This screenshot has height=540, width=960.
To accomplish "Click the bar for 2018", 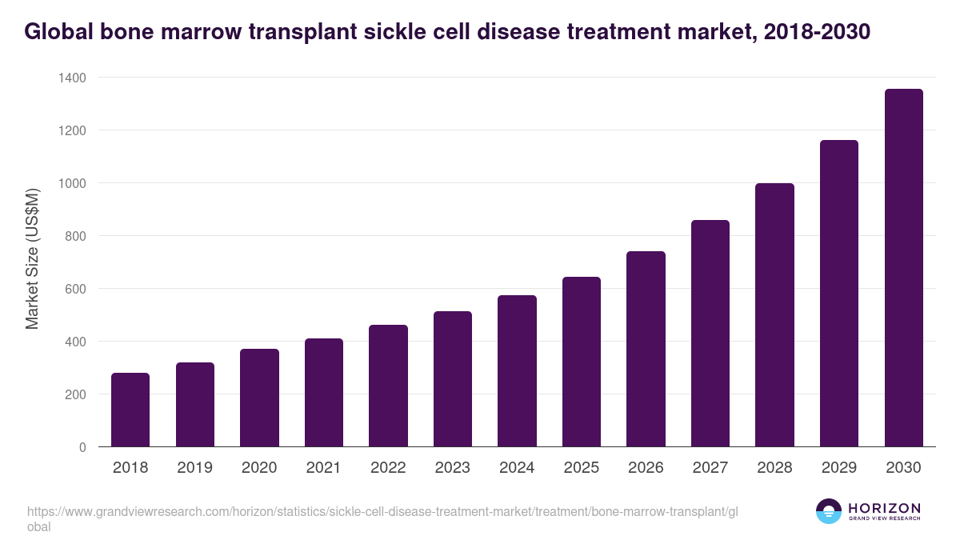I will (130, 410).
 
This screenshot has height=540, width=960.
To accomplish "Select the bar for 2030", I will (903, 268).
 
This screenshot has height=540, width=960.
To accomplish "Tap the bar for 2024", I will (517, 371).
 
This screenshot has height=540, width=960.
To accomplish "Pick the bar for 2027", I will (710, 334).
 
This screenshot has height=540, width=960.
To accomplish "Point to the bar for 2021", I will (324, 393).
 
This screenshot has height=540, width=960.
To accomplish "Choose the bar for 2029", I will (839, 294).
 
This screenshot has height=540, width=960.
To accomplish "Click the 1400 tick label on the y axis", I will (72, 78).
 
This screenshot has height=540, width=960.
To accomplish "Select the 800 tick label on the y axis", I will (75, 236).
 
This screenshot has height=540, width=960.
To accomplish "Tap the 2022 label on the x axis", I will (388, 468).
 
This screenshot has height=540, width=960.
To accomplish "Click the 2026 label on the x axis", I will (646, 468).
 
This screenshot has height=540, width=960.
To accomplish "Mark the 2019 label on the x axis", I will (194, 468).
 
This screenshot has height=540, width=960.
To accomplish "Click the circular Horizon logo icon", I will (829, 511).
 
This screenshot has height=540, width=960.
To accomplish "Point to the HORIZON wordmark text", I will (884, 508).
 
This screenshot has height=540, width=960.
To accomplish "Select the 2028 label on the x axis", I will (774, 468).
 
